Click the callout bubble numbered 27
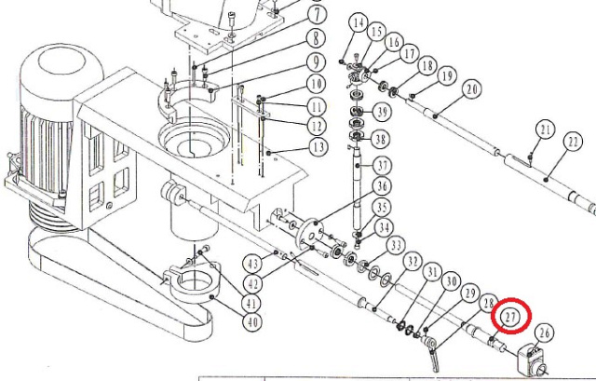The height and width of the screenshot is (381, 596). pyautogui.click(x=510, y=317)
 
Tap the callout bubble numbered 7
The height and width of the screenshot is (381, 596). pyautogui.click(x=316, y=16)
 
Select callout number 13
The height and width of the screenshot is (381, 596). pyautogui.click(x=318, y=146)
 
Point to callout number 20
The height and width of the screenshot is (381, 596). pyautogui.click(x=472, y=90)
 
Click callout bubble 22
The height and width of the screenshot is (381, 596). pyautogui.click(x=573, y=142)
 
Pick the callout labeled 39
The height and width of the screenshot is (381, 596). pyautogui.click(x=381, y=112)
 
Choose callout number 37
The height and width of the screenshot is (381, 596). pyautogui.click(x=382, y=166)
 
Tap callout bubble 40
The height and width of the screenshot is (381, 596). pyautogui.click(x=252, y=322)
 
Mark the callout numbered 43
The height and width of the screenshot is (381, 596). pyautogui.click(x=252, y=264)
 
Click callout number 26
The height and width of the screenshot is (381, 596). pyautogui.click(x=544, y=333)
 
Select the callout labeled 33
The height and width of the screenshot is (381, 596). pyautogui.click(x=396, y=246)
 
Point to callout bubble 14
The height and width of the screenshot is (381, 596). pyautogui.click(x=358, y=23)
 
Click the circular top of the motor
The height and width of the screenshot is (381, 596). pyautogui.click(x=62, y=62)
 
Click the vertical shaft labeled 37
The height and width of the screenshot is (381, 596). pyautogui.click(x=357, y=190)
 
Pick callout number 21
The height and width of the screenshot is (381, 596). pyautogui.click(x=546, y=130)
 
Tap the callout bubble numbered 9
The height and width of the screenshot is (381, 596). pyautogui.click(x=316, y=62)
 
